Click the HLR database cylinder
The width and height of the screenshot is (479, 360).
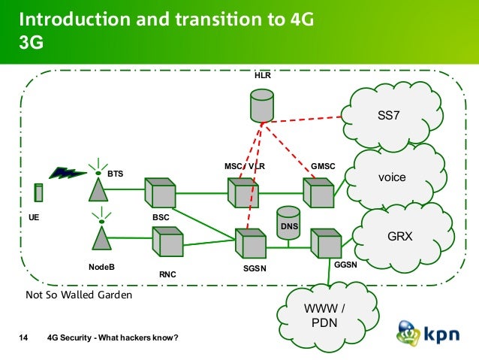coord(262,104)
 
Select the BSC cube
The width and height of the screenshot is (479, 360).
coord(160,192)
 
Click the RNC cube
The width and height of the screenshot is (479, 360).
coord(167,242)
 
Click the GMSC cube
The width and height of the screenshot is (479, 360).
coord(318,192)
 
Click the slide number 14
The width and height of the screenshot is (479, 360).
coord(23,337)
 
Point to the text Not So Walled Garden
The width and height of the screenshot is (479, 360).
coord(79,295)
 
